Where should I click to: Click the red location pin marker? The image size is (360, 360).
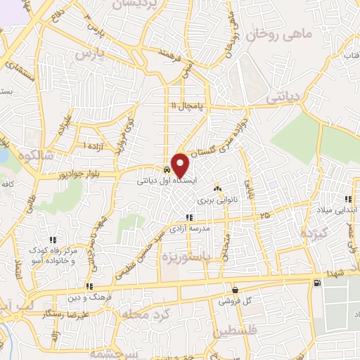[x=181, y=165]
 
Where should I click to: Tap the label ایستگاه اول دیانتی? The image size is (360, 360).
[x=164, y=181]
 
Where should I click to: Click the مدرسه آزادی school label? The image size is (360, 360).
[x=188, y=229]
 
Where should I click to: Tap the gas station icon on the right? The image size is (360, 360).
[x=317, y=283]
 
